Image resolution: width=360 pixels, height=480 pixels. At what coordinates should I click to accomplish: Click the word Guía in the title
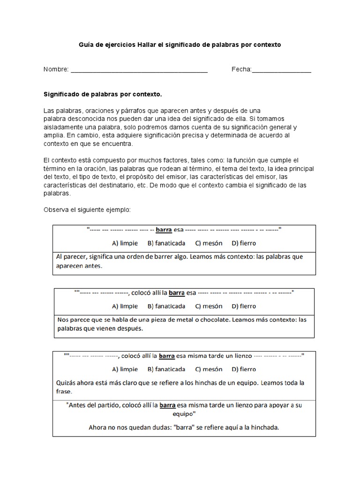(85, 45)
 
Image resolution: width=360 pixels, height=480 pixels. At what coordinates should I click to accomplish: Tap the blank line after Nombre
(139, 71)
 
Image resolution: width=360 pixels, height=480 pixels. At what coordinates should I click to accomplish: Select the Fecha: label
(241, 69)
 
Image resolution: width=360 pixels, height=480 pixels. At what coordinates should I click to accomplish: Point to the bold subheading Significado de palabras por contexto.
(102, 94)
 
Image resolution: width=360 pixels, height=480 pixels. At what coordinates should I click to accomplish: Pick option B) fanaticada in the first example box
(166, 243)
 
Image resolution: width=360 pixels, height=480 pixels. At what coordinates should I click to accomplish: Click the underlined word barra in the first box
(164, 230)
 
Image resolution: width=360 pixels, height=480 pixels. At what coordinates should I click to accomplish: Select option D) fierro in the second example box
(244, 306)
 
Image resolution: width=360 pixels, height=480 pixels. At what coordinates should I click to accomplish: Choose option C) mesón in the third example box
(205, 369)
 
